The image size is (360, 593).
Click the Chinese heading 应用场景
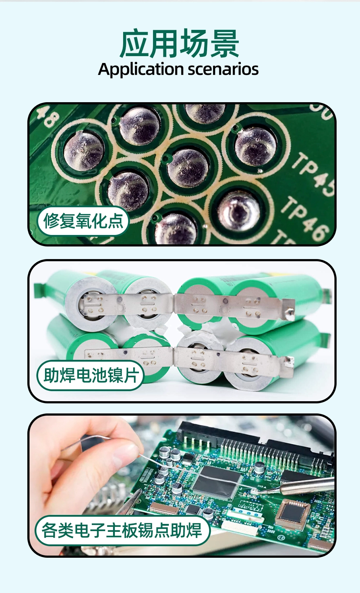point(180,44)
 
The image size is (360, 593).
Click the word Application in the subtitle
point(141,69)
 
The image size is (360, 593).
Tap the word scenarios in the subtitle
point(223,69)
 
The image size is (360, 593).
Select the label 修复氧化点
point(83,221)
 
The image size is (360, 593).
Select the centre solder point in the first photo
point(188,167)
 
